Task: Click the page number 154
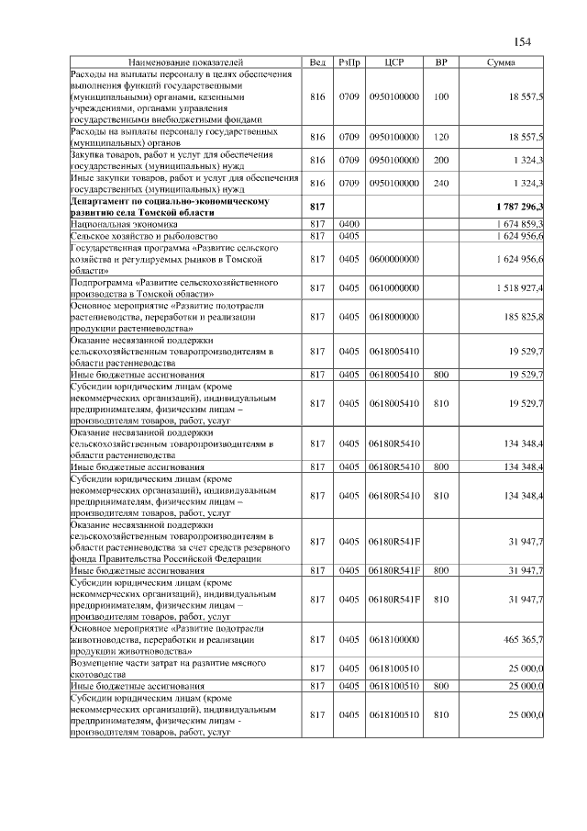tap(523, 42)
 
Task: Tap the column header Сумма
tap(501, 62)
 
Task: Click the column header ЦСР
tap(394, 62)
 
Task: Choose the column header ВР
tap(441, 62)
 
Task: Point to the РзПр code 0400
tap(349, 223)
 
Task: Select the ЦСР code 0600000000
tap(393, 260)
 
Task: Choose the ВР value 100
tap(441, 96)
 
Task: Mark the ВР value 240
tap(441, 183)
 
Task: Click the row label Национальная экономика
tap(119, 223)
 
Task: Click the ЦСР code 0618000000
tap(393, 317)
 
